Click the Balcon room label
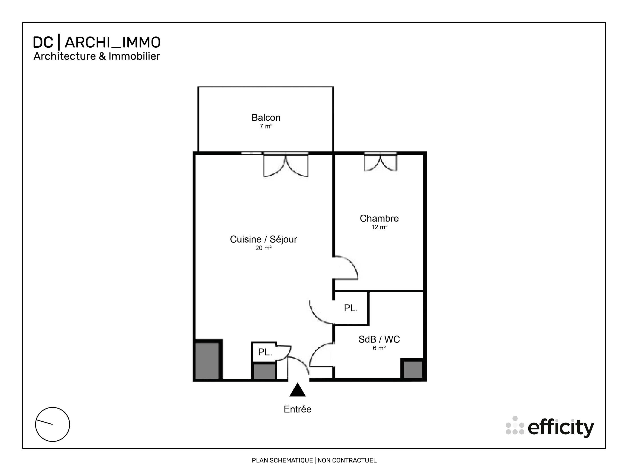(266, 118)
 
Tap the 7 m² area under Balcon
(266, 126)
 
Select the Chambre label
(379, 218)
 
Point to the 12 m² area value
(379, 227)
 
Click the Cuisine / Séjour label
(263, 239)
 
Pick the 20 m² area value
(263, 248)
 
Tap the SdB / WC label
(379, 339)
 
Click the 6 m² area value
(379, 348)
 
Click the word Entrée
(297, 409)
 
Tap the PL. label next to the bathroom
(351, 308)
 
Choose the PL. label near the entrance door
(265, 352)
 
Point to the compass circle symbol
(53, 425)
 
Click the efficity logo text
(561, 428)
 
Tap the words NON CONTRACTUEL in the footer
(347, 460)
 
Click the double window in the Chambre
(380, 162)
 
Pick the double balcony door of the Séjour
(286, 165)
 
